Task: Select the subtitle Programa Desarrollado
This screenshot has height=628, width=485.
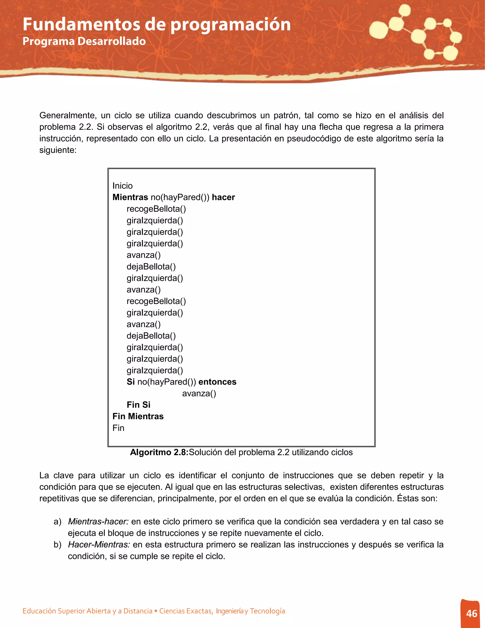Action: point(84,41)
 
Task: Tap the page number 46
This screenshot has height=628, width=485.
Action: point(472,613)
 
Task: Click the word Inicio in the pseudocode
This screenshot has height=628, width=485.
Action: point(122,186)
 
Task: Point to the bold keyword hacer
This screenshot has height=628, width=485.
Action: point(223,197)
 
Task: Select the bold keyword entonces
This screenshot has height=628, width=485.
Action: point(217,382)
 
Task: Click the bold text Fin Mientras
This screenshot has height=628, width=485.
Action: point(138,416)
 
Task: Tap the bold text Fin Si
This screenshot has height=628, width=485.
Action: point(139,405)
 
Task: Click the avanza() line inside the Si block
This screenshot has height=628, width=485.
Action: point(199,393)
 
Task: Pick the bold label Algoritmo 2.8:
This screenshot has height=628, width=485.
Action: point(159,452)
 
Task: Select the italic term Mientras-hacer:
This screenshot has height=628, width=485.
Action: point(98,521)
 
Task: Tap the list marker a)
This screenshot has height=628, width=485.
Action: point(58,521)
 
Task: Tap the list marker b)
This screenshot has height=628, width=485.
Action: point(58,544)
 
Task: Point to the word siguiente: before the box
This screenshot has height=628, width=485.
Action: point(58,150)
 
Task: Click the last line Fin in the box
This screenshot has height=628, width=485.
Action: point(118,428)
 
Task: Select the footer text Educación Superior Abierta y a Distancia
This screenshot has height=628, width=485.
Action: point(87,611)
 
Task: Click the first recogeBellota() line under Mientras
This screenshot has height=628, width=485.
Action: point(156,209)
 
